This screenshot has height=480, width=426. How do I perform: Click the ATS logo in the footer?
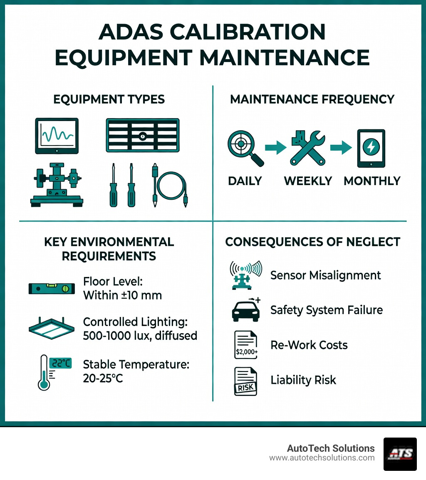(400, 454)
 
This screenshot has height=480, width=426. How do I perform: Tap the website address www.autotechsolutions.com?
(322, 458)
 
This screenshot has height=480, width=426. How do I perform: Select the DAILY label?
(245, 181)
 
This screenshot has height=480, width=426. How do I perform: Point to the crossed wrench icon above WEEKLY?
(307, 148)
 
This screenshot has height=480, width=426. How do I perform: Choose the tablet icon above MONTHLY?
(371, 148)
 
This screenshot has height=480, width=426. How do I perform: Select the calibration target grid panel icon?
(142, 135)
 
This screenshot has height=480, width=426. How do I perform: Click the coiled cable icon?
(169, 185)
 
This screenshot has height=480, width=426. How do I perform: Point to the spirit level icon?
(52, 289)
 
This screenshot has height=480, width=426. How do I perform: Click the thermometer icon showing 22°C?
(53, 372)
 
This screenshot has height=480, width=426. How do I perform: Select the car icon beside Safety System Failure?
(245, 310)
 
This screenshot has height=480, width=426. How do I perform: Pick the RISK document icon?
(245, 381)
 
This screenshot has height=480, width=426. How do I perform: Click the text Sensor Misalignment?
(325, 275)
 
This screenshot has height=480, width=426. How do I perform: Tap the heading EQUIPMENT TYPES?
(109, 99)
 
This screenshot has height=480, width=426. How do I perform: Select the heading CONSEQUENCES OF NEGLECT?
(312, 242)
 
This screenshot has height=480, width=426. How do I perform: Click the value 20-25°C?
(103, 379)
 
